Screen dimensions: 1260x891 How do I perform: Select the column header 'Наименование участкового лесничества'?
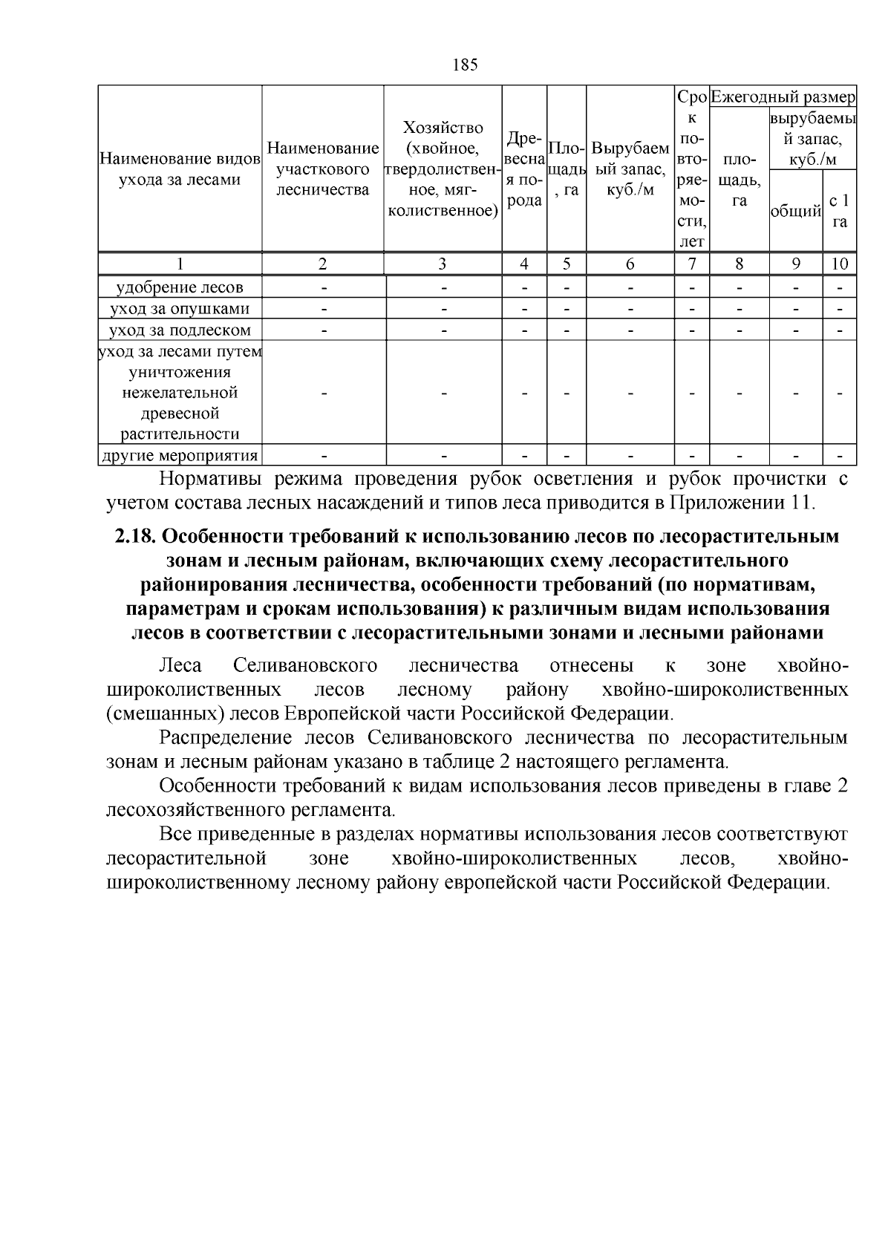click(x=322, y=169)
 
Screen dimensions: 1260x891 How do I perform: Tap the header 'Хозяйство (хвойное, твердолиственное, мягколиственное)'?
click(x=443, y=169)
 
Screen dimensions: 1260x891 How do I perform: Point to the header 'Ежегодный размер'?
click(x=783, y=97)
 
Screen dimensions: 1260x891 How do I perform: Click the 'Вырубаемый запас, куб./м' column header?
click(x=630, y=169)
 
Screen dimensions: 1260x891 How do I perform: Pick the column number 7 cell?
click(x=692, y=264)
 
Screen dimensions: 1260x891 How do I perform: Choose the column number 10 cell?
click(x=839, y=264)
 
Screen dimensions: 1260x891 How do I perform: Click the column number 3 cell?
click(x=443, y=264)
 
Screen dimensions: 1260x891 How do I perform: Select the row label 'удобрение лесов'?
click(x=180, y=287)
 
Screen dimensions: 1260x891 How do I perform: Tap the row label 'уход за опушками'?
click(x=180, y=309)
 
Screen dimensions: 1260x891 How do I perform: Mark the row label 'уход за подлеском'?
click(x=180, y=330)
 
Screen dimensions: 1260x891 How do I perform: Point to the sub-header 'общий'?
click(x=795, y=212)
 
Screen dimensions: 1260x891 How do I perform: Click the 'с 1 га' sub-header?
click(x=839, y=211)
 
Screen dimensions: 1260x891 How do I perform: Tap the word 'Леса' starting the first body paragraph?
click(x=180, y=665)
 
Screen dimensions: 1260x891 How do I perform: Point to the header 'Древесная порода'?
click(x=524, y=169)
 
